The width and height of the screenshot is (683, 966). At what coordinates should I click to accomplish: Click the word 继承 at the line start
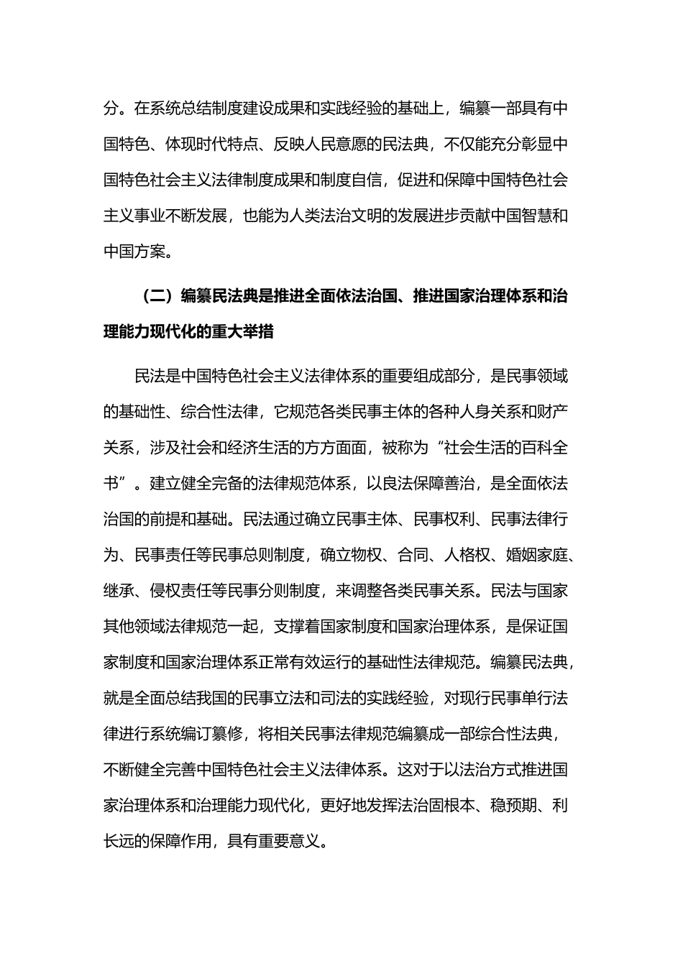(x=119, y=591)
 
